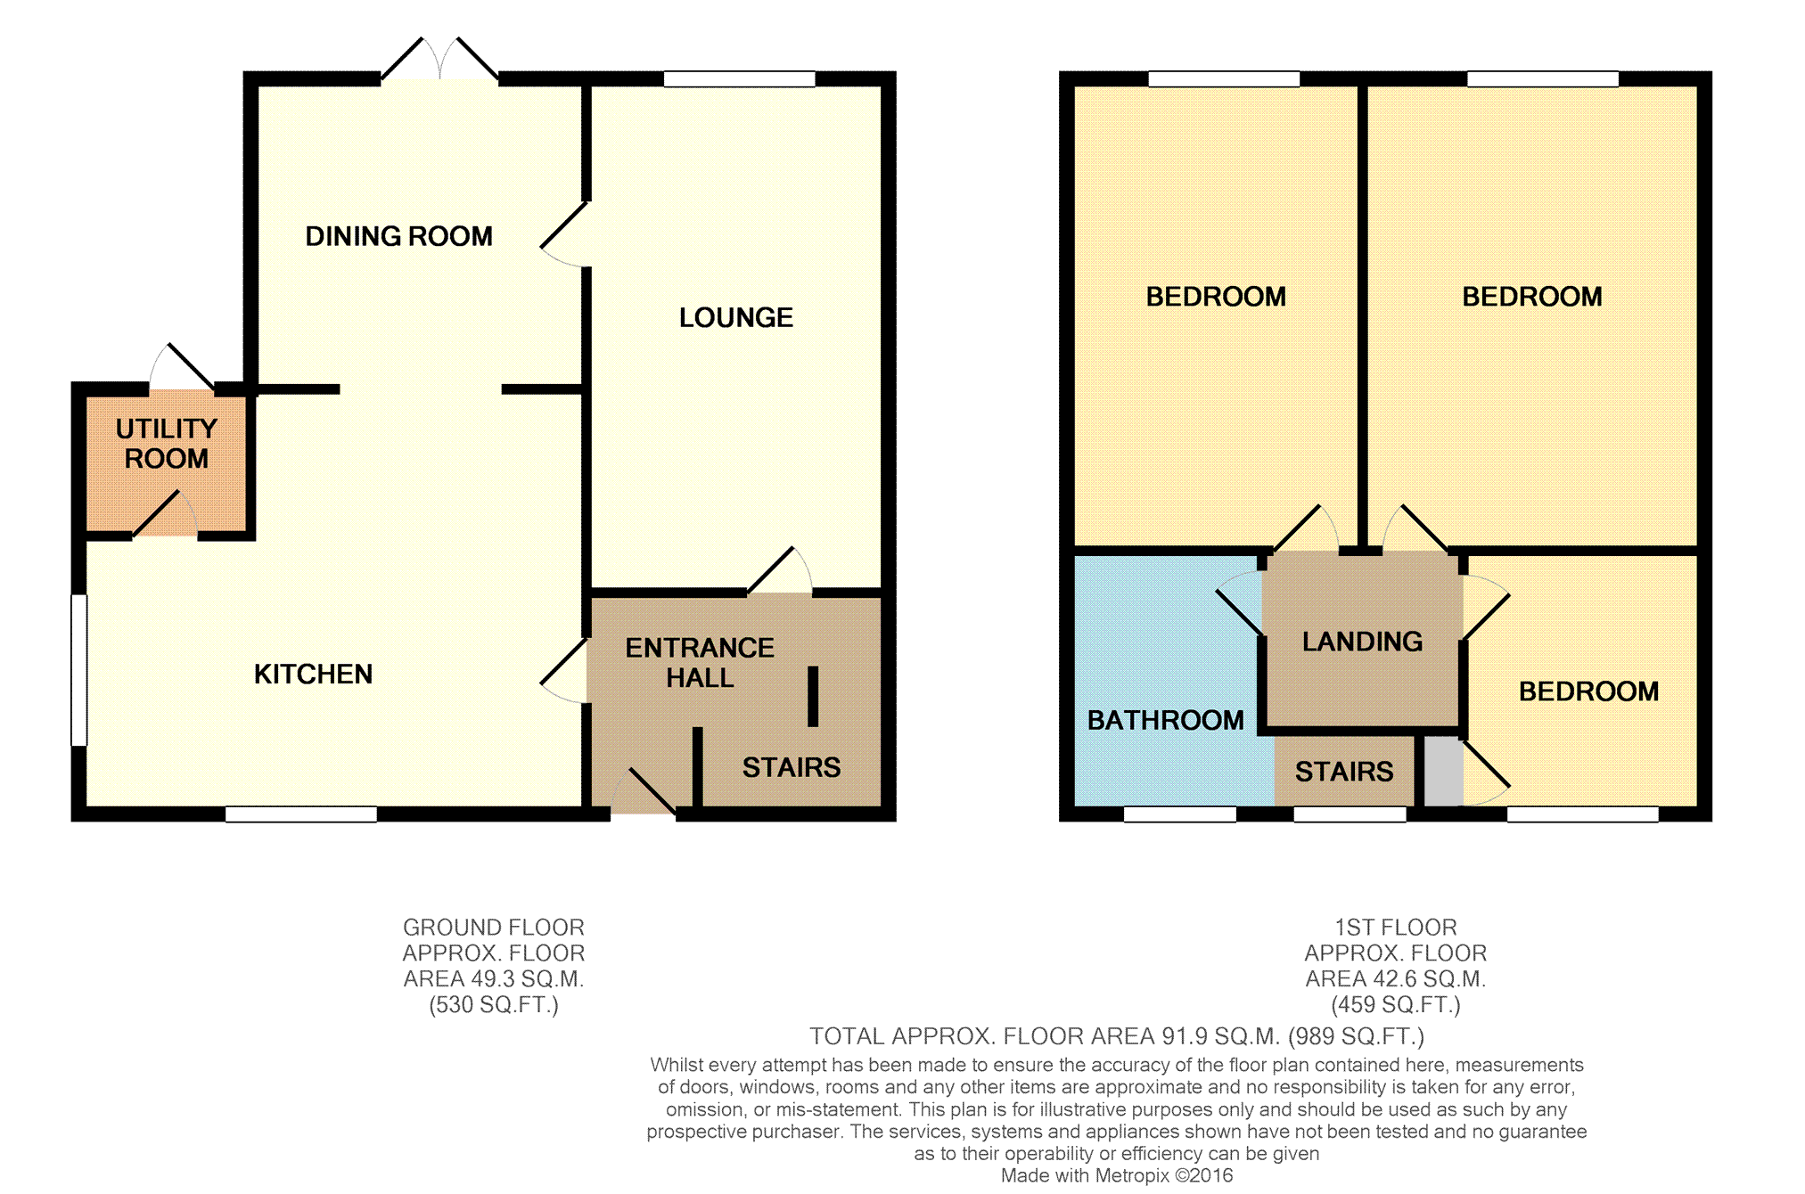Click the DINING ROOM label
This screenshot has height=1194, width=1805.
(x=398, y=236)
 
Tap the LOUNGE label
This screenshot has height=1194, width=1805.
(x=736, y=317)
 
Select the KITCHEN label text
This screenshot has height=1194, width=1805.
(x=313, y=674)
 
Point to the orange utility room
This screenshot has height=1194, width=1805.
(x=166, y=463)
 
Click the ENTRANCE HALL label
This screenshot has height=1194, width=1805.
(x=700, y=662)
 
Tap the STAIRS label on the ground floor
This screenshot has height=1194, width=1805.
(x=792, y=767)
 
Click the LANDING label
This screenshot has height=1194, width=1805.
(x=1362, y=642)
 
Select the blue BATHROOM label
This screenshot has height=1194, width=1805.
(x=1166, y=720)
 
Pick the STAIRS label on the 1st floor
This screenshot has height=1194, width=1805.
(x=1344, y=772)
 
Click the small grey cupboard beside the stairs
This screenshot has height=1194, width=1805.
(x=1444, y=772)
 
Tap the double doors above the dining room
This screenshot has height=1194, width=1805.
(x=439, y=61)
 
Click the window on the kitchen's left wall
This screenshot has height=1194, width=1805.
(x=79, y=669)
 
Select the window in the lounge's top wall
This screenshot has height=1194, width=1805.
(x=740, y=79)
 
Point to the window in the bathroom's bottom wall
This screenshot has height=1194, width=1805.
(x=1180, y=814)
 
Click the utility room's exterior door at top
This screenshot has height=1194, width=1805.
(x=182, y=367)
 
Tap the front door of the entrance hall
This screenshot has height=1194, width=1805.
(x=644, y=790)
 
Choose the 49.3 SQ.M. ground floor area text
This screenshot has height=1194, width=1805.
(x=494, y=979)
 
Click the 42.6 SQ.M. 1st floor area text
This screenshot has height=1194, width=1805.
(x=1396, y=979)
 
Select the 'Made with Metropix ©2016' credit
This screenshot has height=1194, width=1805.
(x=1117, y=1175)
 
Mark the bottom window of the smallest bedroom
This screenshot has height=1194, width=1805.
(x=1583, y=814)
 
